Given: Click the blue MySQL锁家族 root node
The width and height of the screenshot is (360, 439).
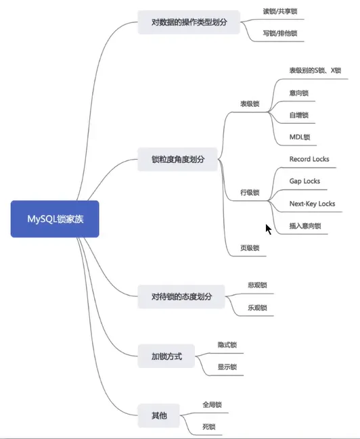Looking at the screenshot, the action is pyautogui.click(x=55, y=219).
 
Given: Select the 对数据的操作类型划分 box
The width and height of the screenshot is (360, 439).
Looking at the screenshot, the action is pyautogui.click(x=189, y=22).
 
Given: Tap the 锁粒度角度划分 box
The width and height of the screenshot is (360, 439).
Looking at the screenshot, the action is pyautogui.click(x=177, y=160).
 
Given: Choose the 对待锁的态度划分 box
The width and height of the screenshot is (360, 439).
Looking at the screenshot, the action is pyautogui.click(x=181, y=296).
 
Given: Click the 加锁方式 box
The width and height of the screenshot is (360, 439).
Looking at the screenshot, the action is pyautogui.click(x=166, y=356).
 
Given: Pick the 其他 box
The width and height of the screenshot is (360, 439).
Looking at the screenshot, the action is pyautogui.click(x=158, y=415).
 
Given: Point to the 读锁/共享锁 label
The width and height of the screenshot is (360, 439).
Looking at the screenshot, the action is pyautogui.click(x=280, y=11).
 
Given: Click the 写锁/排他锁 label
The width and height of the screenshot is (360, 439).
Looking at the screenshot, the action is pyautogui.click(x=280, y=33).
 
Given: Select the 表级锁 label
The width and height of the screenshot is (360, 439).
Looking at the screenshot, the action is pyautogui.click(x=250, y=104).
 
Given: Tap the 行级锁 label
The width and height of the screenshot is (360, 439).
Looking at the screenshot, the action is pyautogui.click(x=250, y=192).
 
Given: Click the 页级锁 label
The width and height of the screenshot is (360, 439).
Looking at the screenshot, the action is pyautogui.click(x=250, y=248).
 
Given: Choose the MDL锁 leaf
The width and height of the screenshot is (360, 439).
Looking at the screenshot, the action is pyautogui.click(x=300, y=137).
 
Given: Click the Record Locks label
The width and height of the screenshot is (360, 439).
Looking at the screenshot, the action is pyautogui.click(x=309, y=159).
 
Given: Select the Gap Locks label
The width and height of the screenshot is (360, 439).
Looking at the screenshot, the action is pyautogui.click(x=305, y=181).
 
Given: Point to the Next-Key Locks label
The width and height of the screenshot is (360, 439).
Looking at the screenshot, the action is pyautogui.click(x=312, y=204).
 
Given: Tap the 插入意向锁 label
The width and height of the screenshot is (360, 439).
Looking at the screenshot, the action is pyautogui.click(x=305, y=226).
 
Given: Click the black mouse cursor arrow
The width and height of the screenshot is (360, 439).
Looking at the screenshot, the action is pyautogui.click(x=269, y=229).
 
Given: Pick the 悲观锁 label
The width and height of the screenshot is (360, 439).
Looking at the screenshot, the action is pyautogui.click(x=257, y=285).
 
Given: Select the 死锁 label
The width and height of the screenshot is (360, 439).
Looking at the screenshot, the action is pyautogui.click(x=209, y=427).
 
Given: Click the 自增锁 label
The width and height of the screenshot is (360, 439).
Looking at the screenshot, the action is pyautogui.click(x=299, y=115).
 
